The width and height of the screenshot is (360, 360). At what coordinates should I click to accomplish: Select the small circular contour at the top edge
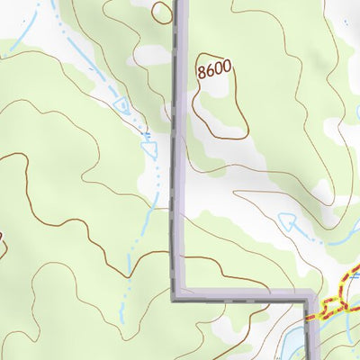click(161, 12)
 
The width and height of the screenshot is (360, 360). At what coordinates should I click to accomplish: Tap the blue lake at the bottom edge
click(295, 343)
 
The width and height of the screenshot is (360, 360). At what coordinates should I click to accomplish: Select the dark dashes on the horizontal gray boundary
click(243, 292)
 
